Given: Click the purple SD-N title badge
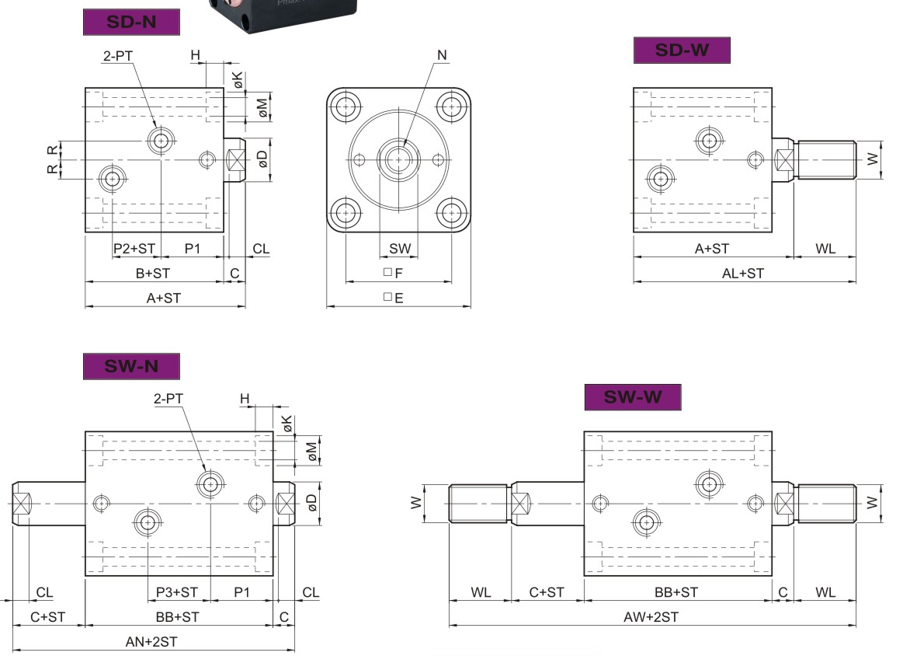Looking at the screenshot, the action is [131, 22].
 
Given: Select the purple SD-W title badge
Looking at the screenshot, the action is [682, 51].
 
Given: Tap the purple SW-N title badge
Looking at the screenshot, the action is [131, 367].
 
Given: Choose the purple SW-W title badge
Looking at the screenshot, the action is [633, 397].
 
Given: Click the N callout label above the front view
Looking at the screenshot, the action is [442, 55].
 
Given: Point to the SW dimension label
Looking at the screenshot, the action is [400, 249].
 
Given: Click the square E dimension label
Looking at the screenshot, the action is [394, 298].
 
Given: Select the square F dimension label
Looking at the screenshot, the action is [394, 273].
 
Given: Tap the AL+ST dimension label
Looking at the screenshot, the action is [743, 274].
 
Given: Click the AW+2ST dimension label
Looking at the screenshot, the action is [651, 617].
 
